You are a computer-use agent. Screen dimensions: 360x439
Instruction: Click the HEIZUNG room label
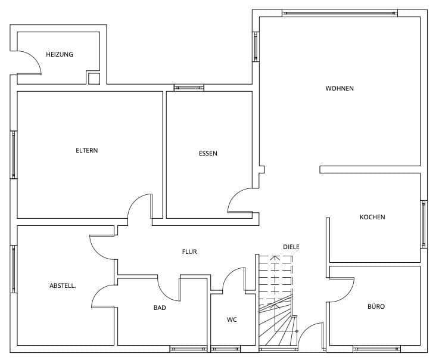coord(60,55)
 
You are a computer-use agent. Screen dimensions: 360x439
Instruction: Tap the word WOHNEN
coord(340,89)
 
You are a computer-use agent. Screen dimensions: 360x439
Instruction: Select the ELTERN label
coord(86,151)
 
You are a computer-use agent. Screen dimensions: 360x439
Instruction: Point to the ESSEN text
coord(208,154)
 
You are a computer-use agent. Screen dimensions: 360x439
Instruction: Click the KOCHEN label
coord(372,218)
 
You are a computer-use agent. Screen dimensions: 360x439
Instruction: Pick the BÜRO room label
coord(376,307)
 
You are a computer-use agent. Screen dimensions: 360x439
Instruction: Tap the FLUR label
coord(189,252)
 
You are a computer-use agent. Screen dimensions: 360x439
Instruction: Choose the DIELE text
coord(291,247)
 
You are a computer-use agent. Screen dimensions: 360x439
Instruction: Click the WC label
coord(232,320)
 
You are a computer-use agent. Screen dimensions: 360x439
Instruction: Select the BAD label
coord(160,308)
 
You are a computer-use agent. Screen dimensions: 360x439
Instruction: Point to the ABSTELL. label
coord(63,286)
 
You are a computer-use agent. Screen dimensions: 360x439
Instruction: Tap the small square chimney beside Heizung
coord(94,78)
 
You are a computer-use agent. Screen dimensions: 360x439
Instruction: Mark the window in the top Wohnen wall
coord(339,13)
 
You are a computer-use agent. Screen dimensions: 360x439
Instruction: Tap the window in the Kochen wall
coord(424,224)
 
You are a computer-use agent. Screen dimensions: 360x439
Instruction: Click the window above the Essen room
coord(189,88)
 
